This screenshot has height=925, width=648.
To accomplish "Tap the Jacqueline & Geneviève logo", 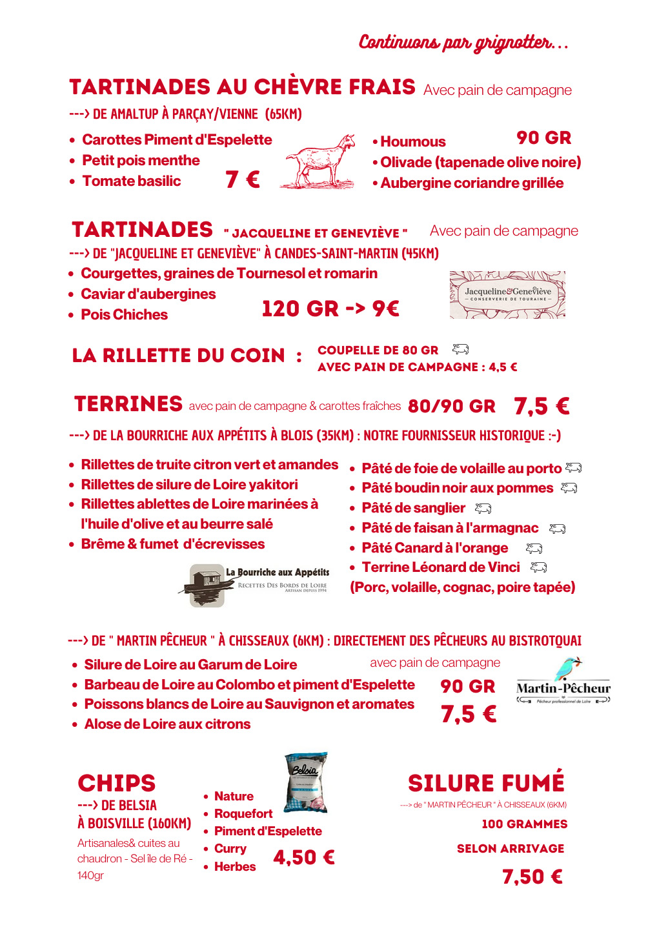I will click(x=507, y=294).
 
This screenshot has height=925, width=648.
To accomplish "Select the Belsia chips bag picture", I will click(x=307, y=782).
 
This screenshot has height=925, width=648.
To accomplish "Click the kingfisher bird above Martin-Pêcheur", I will click(x=569, y=669).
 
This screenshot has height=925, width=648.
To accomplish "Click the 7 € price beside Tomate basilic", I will click(x=243, y=179).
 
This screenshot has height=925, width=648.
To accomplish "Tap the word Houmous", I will click(x=413, y=142).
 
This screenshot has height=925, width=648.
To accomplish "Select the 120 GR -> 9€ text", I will click(x=330, y=309).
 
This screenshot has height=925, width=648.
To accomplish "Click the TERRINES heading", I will click(x=128, y=404).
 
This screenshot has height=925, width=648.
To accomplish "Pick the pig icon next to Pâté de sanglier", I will click(x=483, y=509).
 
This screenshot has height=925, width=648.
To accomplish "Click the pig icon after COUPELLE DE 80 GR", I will click(x=460, y=349).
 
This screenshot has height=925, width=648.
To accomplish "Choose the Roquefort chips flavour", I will click(x=243, y=813).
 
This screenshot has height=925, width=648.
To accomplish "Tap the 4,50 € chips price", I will click(x=303, y=857).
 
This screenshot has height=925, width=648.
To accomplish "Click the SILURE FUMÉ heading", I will click(x=486, y=783).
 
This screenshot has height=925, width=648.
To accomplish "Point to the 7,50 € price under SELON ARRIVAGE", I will click(x=532, y=877).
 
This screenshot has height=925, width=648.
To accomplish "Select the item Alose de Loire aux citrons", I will click(x=167, y=724).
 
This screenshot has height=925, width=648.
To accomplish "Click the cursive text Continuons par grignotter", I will click(x=463, y=43).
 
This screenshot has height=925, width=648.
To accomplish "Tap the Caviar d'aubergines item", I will click(x=148, y=294).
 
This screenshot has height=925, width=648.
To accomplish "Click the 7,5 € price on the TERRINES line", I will click(x=542, y=406).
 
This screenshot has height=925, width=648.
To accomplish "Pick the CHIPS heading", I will click(x=117, y=783).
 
